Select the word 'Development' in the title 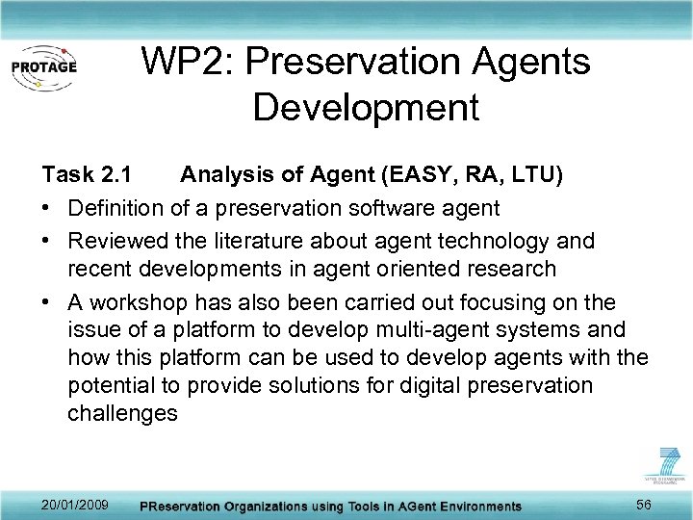365,107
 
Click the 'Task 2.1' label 82,174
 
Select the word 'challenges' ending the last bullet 122,414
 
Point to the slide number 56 645,506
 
